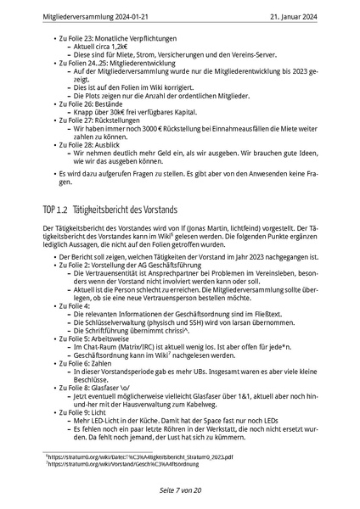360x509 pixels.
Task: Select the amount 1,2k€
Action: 121,47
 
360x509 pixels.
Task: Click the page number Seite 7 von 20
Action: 180,490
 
